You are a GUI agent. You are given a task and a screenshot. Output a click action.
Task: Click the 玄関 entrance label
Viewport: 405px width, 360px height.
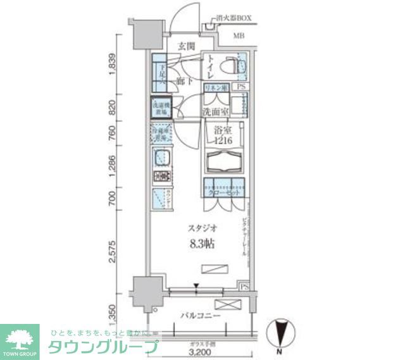coord(185,46)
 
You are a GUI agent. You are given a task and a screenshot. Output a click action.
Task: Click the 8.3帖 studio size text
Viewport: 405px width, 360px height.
coord(199,244)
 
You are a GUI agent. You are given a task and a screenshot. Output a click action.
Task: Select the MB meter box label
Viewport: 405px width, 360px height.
coord(240,36)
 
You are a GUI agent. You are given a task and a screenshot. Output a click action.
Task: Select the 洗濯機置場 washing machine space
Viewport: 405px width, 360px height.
coord(160,108)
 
